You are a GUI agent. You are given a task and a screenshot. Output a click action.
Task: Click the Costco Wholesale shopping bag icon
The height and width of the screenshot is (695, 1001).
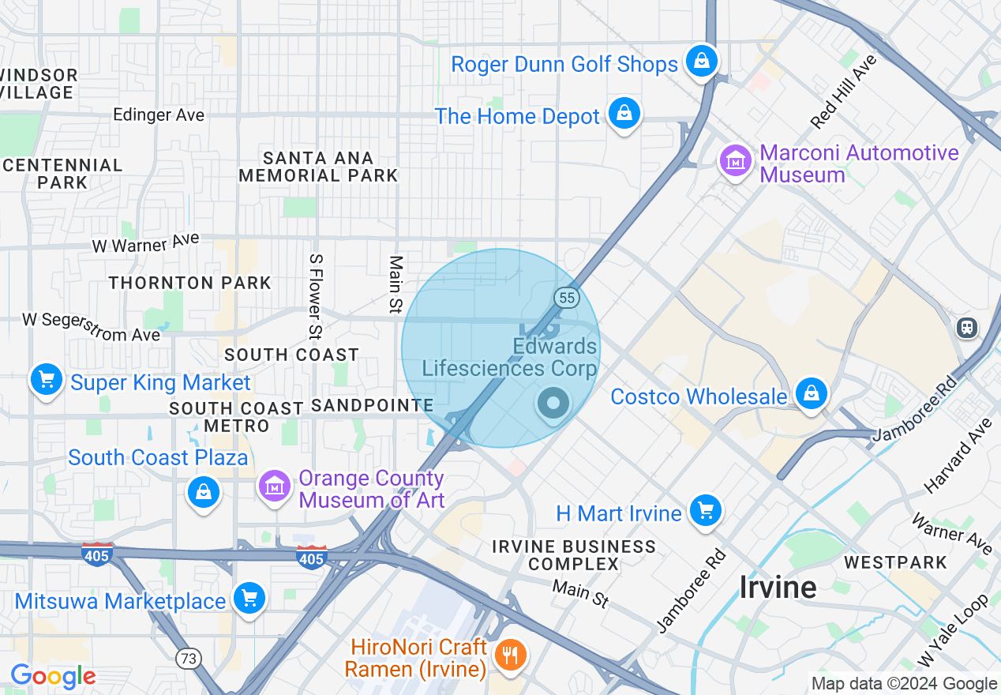[x=811, y=393]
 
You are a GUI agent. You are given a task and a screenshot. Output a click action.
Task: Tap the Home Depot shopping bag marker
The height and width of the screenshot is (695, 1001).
[x=624, y=115]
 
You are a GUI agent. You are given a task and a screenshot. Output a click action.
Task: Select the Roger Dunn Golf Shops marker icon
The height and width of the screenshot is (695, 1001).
[x=700, y=61]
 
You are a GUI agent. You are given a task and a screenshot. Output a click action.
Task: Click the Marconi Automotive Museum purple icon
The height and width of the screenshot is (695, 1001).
[x=735, y=161]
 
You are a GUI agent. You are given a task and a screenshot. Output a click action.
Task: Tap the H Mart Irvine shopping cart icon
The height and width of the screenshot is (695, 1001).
[x=705, y=511]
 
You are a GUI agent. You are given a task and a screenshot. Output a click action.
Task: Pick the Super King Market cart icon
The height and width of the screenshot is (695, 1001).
[x=46, y=381]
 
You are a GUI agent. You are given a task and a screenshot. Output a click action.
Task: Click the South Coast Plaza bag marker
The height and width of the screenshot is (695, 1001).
[x=204, y=493]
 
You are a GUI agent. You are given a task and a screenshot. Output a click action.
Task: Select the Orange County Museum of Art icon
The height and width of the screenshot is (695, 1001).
[x=274, y=486]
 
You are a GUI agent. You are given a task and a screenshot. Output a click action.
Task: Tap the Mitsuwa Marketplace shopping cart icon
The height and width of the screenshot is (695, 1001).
[x=249, y=598]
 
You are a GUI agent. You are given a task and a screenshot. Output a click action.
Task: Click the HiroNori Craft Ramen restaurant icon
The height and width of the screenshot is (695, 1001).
[x=510, y=655]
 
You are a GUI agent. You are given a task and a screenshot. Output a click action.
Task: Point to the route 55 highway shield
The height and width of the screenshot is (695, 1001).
[x=567, y=297]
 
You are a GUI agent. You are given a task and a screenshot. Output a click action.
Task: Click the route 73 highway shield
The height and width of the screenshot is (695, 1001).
[x=189, y=659]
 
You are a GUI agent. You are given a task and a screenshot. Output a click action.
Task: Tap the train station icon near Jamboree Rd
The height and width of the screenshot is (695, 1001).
[x=967, y=327]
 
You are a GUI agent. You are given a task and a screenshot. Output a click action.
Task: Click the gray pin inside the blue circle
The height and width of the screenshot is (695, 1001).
[x=553, y=404]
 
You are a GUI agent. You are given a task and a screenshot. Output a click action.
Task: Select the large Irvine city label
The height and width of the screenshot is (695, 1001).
[x=778, y=587]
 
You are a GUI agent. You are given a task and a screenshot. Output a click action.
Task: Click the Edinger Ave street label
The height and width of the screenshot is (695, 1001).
[x=159, y=115]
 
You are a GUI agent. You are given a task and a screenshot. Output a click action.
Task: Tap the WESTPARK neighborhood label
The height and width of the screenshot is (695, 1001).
[x=894, y=562]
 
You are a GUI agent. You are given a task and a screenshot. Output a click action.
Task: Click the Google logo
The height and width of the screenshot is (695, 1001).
[x=53, y=677]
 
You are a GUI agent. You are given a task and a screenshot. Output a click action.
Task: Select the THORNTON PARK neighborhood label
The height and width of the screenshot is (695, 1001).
[x=189, y=283]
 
